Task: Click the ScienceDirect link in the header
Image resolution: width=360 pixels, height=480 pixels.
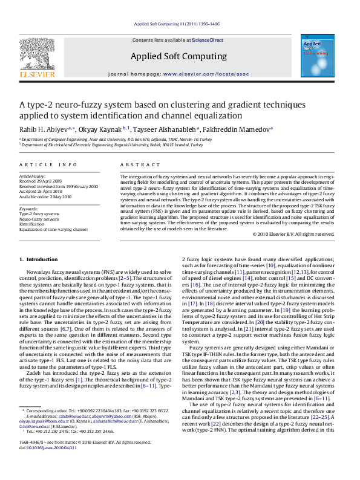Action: [208, 40]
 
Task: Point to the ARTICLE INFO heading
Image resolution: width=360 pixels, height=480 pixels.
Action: [48, 164]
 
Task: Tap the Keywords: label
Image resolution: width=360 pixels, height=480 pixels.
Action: [29, 209]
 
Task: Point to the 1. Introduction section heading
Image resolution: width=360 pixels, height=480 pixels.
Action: [38, 259]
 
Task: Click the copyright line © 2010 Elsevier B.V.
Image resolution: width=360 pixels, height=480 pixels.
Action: [293, 234]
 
